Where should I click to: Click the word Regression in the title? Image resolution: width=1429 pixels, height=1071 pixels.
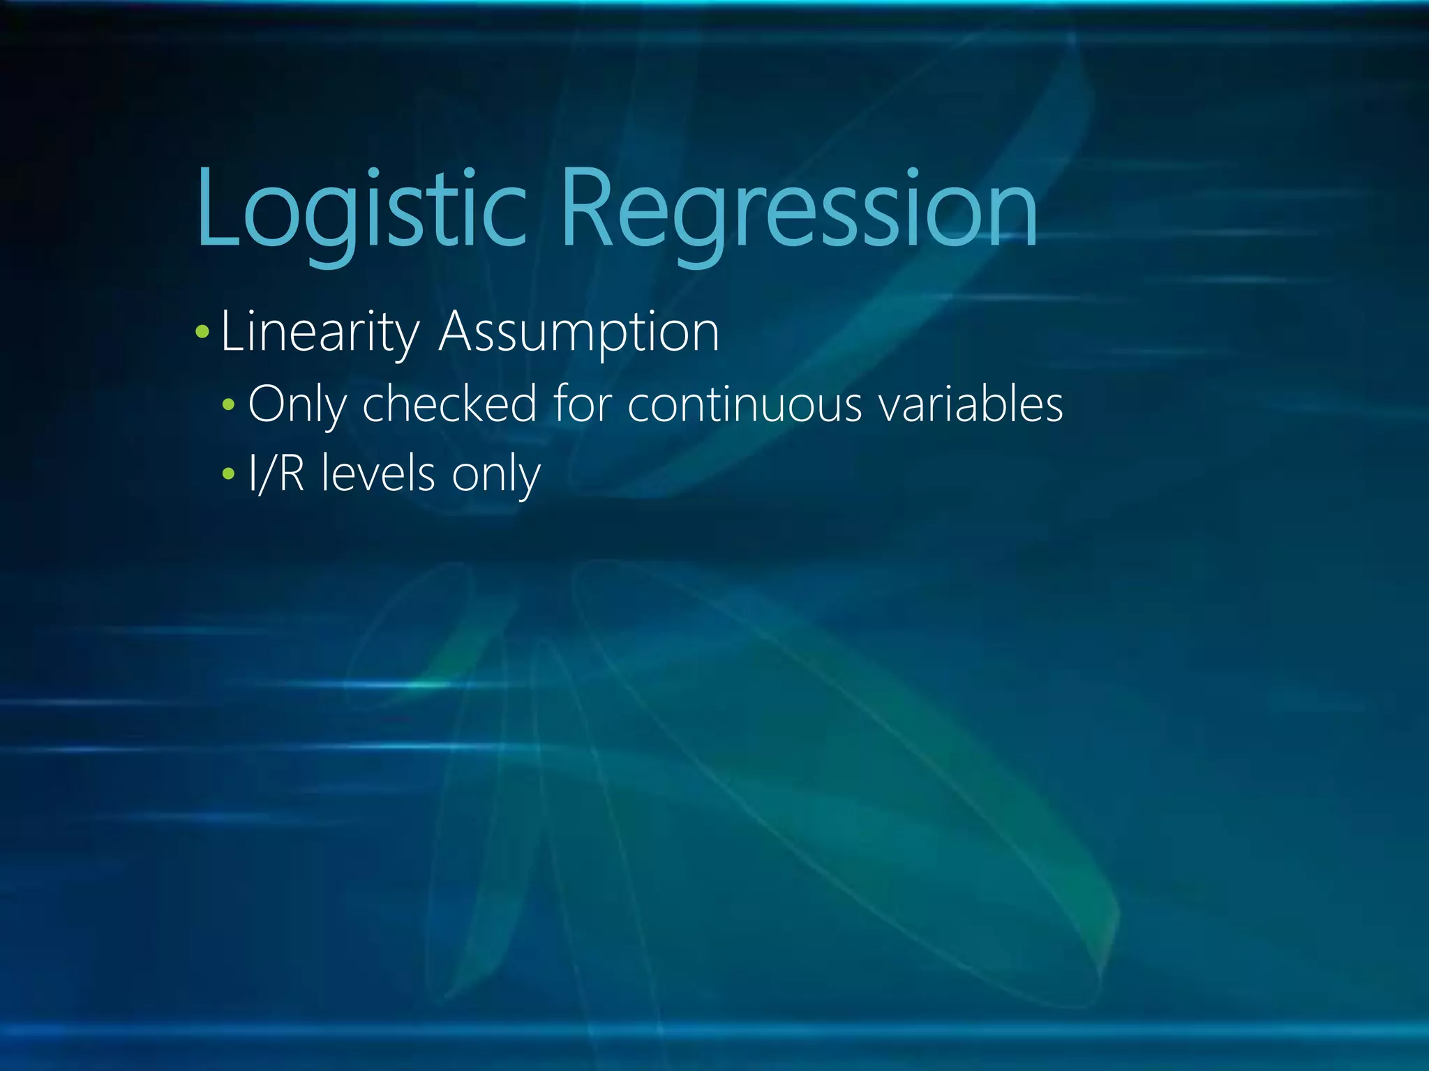click(798, 209)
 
